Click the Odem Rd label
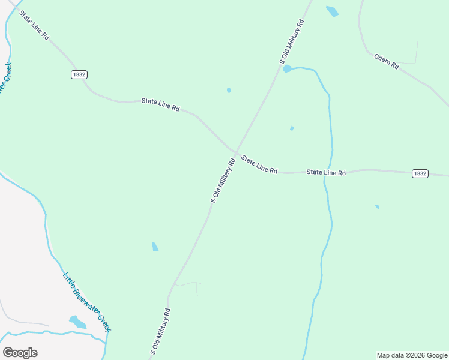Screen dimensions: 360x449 pyautogui.click(x=387, y=62)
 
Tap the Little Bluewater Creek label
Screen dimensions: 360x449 pyautogui.click(x=88, y=302)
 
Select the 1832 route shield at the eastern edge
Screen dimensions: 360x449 pyautogui.click(x=420, y=173)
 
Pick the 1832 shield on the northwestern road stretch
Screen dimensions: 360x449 pyautogui.click(x=79, y=74)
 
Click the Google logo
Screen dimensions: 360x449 pyautogui.click(x=20, y=353)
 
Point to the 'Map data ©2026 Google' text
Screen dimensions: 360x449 pyautogui.click(x=412, y=355)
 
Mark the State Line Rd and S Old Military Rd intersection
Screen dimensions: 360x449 pyautogui.click(x=235, y=152)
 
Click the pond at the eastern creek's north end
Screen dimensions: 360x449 pyautogui.click(x=287, y=68)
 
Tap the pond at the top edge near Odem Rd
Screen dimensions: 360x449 pyautogui.click(x=332, y=11)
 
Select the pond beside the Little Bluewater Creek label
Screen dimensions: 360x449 pyautogui.click(x=77, y=322)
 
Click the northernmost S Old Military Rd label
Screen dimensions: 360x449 pyautogui.click(x=292, y=41)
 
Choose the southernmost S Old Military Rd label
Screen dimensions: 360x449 pyautogui.click(x=160, y=331)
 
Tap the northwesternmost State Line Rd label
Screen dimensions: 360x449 pyautogui.click(x=34, y=25)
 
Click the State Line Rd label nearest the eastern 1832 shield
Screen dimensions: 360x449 pyautogui.click(x=326, y=172)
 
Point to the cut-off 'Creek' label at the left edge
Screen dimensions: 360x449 pyautogui.click(x=5, y=78)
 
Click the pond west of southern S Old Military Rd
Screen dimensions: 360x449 pyautogui.click(x=155, y=247)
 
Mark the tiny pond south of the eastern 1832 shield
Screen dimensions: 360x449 pyautogui.click(x=377, y=206)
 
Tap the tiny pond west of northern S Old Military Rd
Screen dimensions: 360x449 pyautogui.click(x=229, y=91)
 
